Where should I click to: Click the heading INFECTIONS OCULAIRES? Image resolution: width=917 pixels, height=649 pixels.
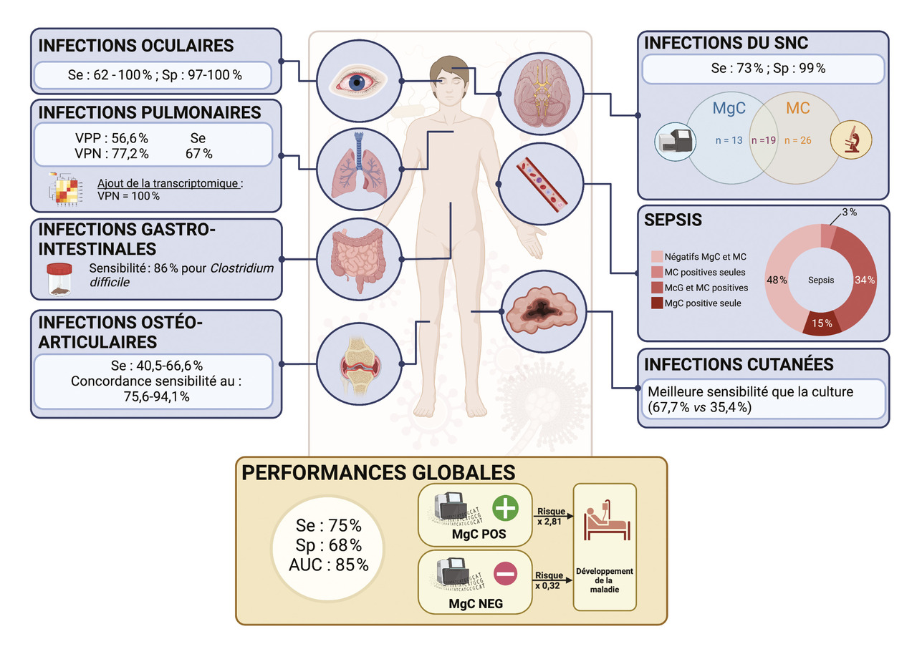click(136, 46)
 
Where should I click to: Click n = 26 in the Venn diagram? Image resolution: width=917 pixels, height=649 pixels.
click(801, 140)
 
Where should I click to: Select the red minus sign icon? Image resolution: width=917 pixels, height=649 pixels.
click(505, 572)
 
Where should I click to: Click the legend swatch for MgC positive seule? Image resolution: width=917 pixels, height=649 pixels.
click(657, 303)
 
